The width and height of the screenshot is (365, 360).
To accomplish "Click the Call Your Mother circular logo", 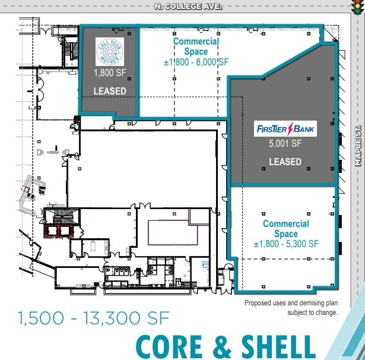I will tap(111, 51).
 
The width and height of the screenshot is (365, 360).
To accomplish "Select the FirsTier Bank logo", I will tap(285, 128).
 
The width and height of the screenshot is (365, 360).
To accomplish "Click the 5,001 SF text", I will tap(285, 143).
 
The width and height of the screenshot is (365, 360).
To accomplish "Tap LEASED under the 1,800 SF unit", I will tap(110, 91).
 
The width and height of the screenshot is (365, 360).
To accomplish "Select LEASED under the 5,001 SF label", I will tap(285, 162).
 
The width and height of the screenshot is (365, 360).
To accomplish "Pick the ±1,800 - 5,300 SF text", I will tap(286, 244).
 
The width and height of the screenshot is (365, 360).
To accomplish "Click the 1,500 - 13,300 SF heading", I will tap(94, 318).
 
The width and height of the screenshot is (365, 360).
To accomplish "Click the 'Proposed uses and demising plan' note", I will tap(291, 303).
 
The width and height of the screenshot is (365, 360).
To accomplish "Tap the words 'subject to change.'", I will tap(313, 312).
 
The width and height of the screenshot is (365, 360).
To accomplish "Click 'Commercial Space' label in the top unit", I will tap(196, 46).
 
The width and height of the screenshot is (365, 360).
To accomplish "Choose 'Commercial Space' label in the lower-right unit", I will tap(286, 229).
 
